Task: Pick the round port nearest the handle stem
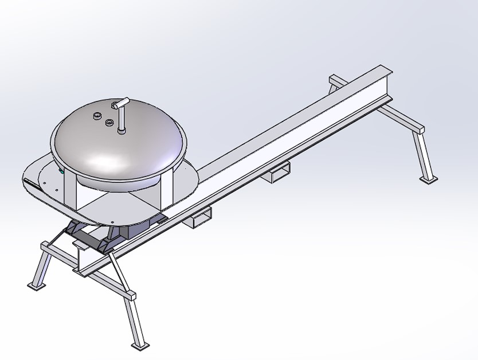tap(108, 122)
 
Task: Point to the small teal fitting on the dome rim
tap(61, 170)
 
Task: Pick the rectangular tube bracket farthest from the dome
tap(280, 171)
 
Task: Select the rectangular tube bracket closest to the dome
tap(201, 218)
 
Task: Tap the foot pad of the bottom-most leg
tap(139, 346)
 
